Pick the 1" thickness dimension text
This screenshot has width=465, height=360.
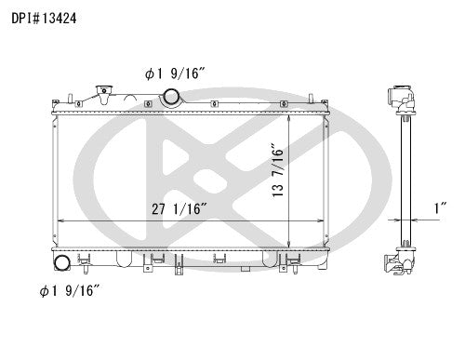click(436, 208)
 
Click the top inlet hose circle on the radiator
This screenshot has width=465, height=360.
click(172, 95)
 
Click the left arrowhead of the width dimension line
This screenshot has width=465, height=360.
click(60, 220)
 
